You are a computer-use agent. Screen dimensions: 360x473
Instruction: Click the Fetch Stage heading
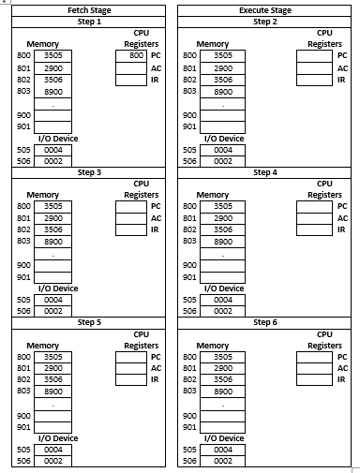point(90,10)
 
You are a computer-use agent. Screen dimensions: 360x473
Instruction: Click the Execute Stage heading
point(265,10)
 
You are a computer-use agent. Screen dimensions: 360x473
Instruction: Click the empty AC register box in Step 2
point(315,67)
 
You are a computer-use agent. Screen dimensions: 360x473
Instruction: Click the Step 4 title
point(265,172)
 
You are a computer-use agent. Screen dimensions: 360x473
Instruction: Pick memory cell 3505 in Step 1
point(53,55)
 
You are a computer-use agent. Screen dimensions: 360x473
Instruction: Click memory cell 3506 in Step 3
point(53,229)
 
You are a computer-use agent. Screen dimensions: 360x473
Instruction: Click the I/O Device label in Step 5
point(58,438)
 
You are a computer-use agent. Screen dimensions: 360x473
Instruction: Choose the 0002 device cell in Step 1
point(53,161)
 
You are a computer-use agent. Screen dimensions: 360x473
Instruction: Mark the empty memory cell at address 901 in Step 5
point(53,427)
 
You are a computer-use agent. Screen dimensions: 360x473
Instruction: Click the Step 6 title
point(265,321)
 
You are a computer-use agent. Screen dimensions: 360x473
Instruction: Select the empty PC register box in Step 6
point(315,357)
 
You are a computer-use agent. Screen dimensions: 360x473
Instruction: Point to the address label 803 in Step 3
point(23,242)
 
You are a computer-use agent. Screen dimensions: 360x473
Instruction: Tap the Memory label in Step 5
point(43,346)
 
